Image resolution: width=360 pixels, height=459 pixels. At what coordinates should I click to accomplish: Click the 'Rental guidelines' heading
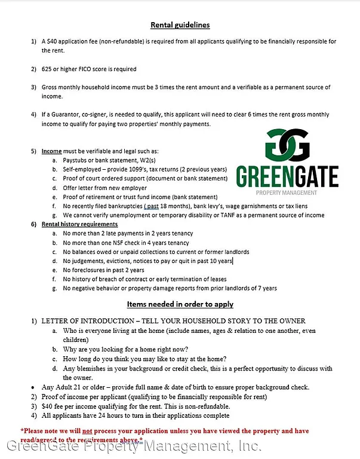(180, 25)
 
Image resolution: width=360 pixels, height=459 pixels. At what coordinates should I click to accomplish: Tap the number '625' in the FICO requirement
(47, 69)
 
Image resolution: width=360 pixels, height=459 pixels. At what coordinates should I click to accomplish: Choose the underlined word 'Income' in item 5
(51, 151)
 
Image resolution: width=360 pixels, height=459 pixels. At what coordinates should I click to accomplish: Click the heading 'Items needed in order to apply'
(180, 304)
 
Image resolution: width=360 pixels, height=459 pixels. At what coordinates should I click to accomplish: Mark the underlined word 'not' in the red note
(87, 430)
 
